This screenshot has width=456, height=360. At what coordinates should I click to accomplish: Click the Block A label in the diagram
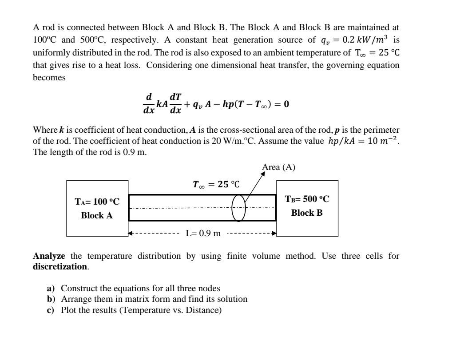97,216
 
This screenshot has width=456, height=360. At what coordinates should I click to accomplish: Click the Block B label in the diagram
307,213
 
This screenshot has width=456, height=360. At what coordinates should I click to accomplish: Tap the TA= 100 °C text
97,202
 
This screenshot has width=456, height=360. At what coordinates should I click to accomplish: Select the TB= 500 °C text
307,199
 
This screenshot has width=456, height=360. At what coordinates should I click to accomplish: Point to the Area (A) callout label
278,167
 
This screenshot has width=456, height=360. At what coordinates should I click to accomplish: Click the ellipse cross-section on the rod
238,207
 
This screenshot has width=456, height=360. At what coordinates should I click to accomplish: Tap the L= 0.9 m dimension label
203,233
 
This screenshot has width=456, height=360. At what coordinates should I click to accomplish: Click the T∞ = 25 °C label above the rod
216,184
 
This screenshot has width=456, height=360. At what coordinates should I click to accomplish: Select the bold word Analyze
49,256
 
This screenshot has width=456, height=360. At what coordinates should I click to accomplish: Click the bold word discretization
60,266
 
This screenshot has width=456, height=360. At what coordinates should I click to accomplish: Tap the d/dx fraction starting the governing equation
149,103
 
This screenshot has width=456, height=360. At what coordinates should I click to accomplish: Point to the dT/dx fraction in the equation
175,103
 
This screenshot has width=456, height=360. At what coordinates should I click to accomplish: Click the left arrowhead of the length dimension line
131,233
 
